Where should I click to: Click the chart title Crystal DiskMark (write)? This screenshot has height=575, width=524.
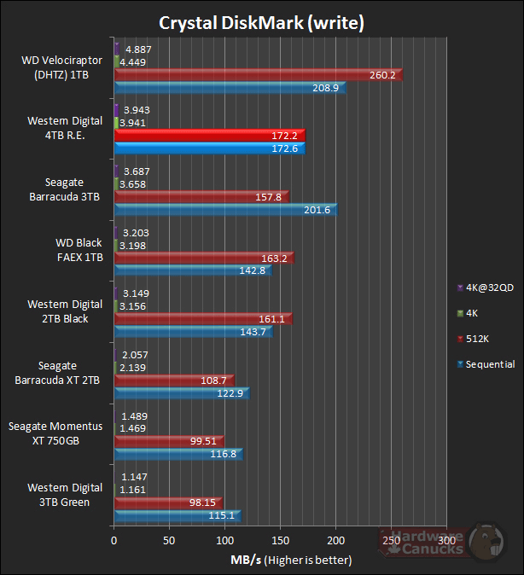pyautogui.click(x=262, y=22)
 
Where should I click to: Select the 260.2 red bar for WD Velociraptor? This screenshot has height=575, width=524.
pyautogui.click(x=257, y=75)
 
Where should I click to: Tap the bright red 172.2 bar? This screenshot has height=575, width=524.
pyautogui.click(x=209, y=136)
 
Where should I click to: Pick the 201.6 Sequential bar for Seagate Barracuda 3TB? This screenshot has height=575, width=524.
pyautogui.click(x=225, y=210)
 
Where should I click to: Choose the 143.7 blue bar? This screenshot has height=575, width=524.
pyautogui.click(x=193, y=331)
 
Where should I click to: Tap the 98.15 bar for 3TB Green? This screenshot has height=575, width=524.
pyautogui.click(x=167, y=502)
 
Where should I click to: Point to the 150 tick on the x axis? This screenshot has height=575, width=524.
pyautogui.click(x=280, y=540)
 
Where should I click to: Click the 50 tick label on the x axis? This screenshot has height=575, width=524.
pyautogui.click(x=169, y=540)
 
